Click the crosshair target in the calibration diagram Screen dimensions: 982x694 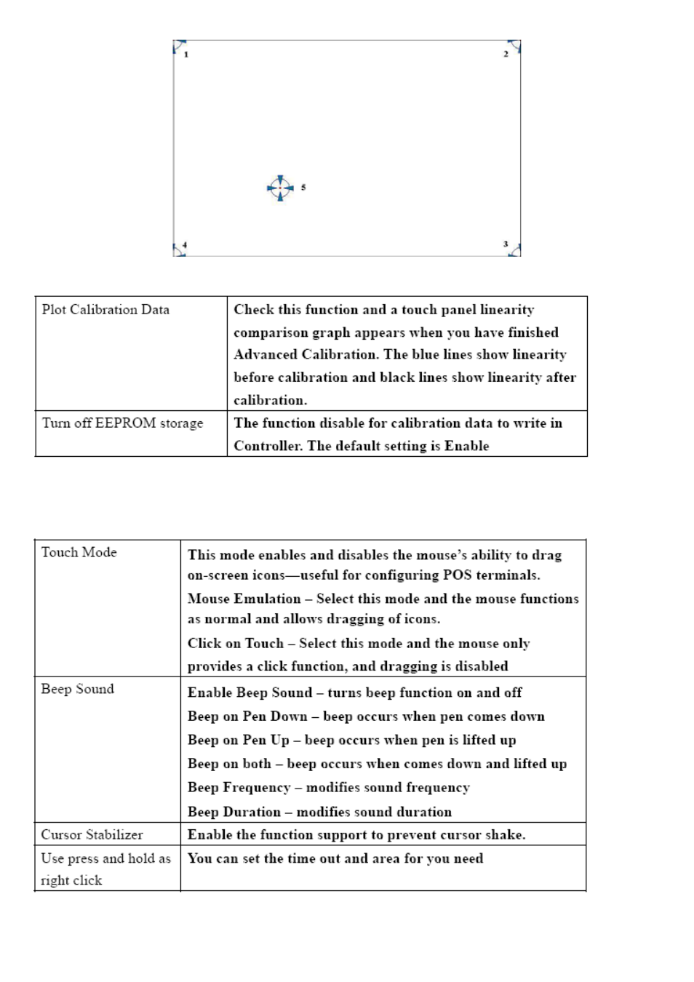280,188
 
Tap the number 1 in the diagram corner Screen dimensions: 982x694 186,55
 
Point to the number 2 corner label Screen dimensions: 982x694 506,55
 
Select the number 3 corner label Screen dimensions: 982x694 506,244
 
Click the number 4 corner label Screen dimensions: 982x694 185,246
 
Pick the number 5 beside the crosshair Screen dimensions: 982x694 303,188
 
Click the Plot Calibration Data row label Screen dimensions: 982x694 105,310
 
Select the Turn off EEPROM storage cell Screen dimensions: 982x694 122,423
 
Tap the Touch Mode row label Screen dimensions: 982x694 79,553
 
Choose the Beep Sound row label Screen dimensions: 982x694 77,690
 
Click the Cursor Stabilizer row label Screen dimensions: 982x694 92,835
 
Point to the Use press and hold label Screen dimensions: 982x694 105,859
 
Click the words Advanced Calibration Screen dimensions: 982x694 305,355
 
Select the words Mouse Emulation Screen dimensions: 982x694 244,599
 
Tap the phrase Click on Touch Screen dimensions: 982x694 235,644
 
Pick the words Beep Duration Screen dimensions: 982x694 234,813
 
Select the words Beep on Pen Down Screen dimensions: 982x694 247,716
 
